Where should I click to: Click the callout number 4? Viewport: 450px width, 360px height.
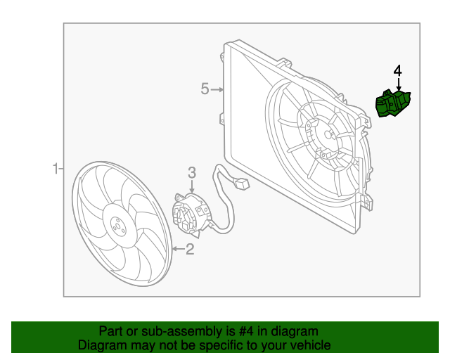click(398, 70)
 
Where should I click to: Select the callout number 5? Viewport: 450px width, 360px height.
click(205, 89)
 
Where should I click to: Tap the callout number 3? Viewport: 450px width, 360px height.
click(192, 172)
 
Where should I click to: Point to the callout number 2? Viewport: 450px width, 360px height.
click(190, 248)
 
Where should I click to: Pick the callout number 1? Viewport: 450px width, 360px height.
click(55, 169)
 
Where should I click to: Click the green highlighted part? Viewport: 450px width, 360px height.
click(394, 104)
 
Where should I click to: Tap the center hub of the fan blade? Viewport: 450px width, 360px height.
click(117, 226)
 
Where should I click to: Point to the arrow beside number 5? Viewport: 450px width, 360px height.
click(219, 89)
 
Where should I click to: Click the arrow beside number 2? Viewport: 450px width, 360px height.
click(176, 248)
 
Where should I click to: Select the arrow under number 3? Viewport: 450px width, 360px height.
click(192, 187)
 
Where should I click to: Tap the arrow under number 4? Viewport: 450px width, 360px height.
click(398, 84)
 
